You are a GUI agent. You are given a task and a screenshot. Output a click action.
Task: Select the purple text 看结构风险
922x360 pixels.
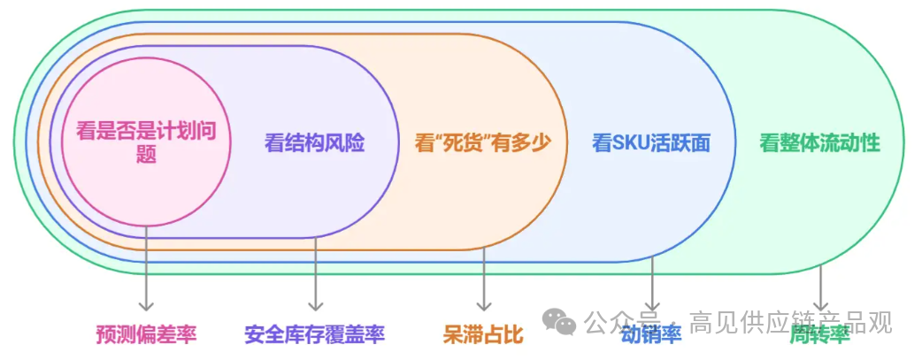[314, 142]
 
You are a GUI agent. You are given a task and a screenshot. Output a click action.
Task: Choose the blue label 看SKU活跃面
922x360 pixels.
[651, 142]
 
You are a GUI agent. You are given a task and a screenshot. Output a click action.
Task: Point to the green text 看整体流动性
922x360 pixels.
[819, 142]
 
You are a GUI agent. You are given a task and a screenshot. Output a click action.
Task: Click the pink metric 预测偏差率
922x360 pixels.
[146, 334]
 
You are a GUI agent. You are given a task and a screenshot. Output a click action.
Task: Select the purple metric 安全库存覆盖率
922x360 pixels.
[314, 334]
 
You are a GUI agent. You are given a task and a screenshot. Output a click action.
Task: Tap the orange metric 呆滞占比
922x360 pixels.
[483, 334]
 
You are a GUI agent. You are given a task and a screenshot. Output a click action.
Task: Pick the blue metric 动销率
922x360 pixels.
[651, 334]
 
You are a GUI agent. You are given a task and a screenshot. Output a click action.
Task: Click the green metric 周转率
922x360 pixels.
[819, 334]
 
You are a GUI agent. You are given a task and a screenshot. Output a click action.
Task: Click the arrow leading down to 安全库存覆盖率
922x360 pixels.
[315, 274]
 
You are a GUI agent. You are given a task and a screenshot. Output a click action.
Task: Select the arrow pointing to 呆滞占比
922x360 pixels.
[484, 279]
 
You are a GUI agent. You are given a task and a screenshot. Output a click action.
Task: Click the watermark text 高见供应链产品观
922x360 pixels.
[790, 321]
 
